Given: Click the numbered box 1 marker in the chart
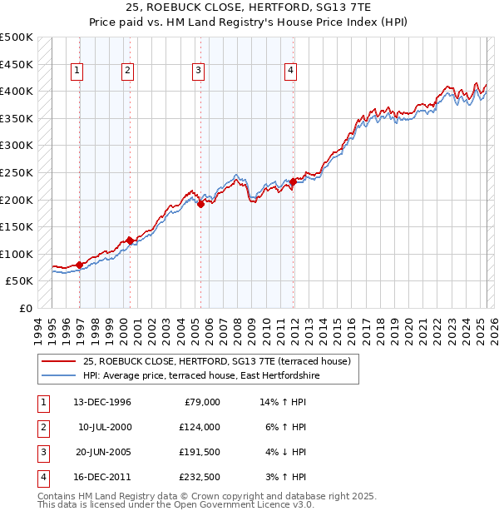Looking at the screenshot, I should [x=77, y=72].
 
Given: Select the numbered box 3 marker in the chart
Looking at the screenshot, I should [x=199, y=72].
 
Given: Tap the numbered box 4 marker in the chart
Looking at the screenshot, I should [x=290, y=72].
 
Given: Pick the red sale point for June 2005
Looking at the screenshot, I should [x=200, y=205].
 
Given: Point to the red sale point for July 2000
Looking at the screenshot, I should [x=130, y=241].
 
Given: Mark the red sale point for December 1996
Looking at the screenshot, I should [x=80, y=265].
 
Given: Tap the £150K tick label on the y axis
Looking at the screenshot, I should [x=17, y=227].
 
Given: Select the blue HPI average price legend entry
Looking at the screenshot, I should [x=200, y=376].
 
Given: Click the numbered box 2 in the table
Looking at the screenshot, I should [x=43, y=427].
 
